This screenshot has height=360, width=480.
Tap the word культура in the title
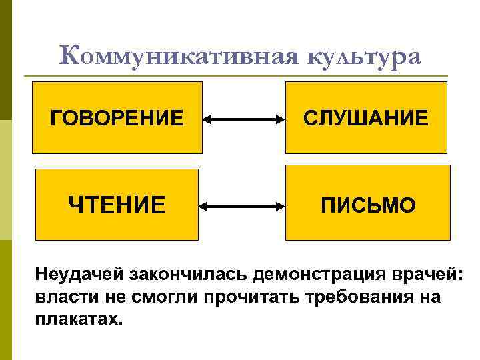coord(365,57)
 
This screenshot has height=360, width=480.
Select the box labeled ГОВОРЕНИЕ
coord(117,118)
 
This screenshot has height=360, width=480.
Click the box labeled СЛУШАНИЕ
coord(366,118)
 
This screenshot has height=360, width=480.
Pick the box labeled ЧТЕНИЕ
coord(117,205)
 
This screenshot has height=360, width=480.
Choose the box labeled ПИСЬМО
coord(366,205)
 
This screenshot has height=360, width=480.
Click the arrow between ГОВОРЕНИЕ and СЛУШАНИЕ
coord(244,120)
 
